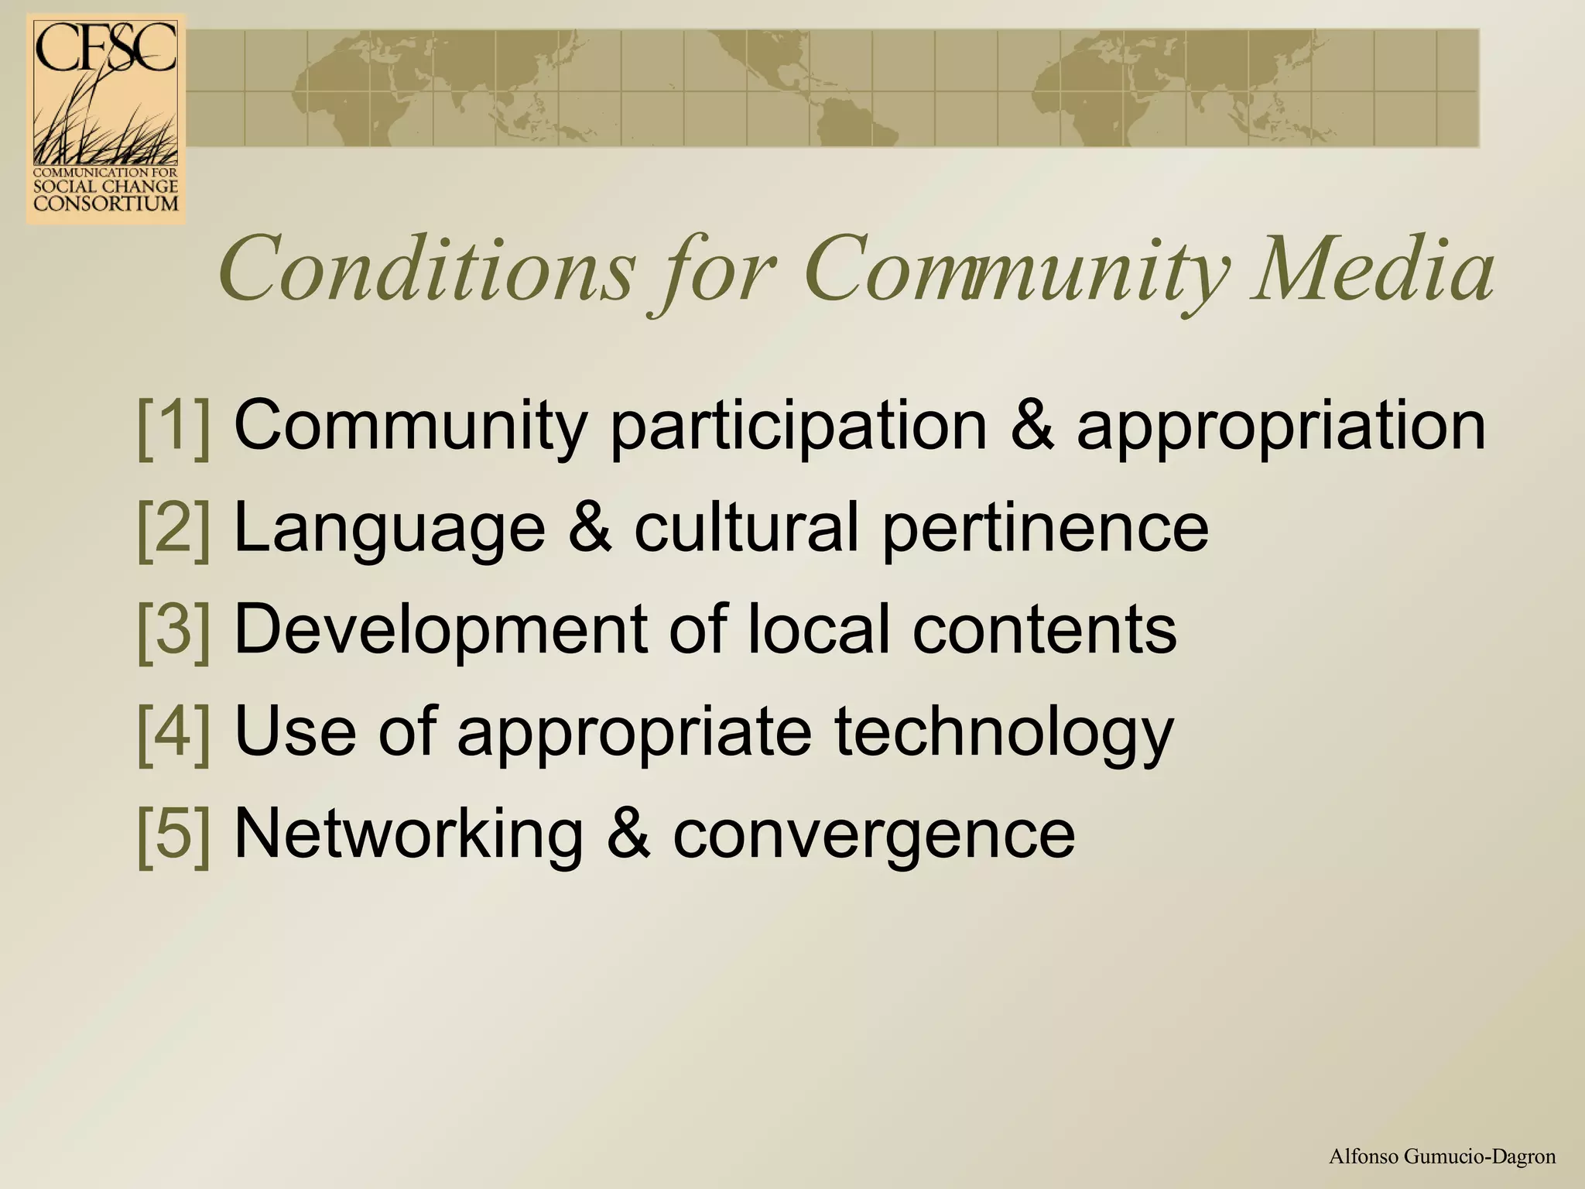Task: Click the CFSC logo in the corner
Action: tap(106, 120)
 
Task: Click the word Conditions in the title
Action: tap(426, 270)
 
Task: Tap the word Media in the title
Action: tap(1374, 270)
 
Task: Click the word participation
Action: tap(798, 427)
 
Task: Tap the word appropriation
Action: tap(1281, 427)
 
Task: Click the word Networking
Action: tap(409, 834)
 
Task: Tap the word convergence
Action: tap(874, 835)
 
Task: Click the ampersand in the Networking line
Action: tap(628, 834)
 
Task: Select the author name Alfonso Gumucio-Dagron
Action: tap(1442, 1157)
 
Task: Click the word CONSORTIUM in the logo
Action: tap(106, 204)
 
